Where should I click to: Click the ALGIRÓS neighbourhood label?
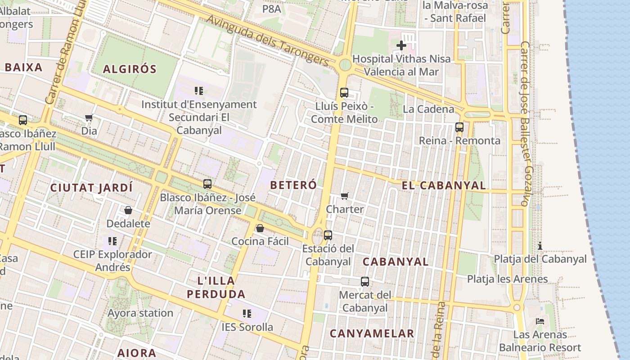[130, 69]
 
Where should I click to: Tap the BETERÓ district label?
[293, 185]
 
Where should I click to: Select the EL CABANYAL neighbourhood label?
[444, 185]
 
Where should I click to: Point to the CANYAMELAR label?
[372, 333]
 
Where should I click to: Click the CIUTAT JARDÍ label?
[91, 188]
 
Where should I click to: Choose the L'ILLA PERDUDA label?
[216, 288]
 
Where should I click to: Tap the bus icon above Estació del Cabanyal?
[328, 235]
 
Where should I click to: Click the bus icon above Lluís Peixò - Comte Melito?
[344, 93]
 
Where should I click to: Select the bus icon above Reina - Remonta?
[459, 127]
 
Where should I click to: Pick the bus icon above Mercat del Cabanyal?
[365, 282]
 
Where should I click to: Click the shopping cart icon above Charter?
[345, 196]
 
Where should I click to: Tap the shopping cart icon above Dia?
[89, 118]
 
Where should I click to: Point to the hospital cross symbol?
[401, 45]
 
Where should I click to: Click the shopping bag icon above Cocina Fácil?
[260, 228]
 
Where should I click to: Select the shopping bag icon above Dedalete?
[128, 210]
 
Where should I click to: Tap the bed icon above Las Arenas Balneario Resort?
[540, 321]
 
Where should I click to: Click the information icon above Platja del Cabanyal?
[540, 246]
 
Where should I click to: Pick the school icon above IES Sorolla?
[247, 313]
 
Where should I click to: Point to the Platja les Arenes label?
[507, 279]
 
